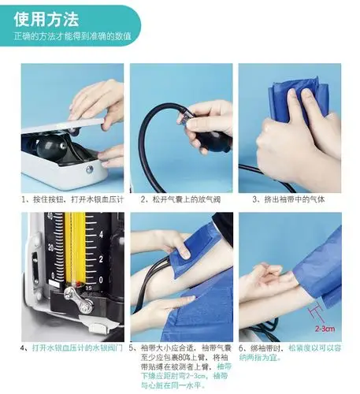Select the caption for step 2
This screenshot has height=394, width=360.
180,200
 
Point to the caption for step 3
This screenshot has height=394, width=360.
288,200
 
